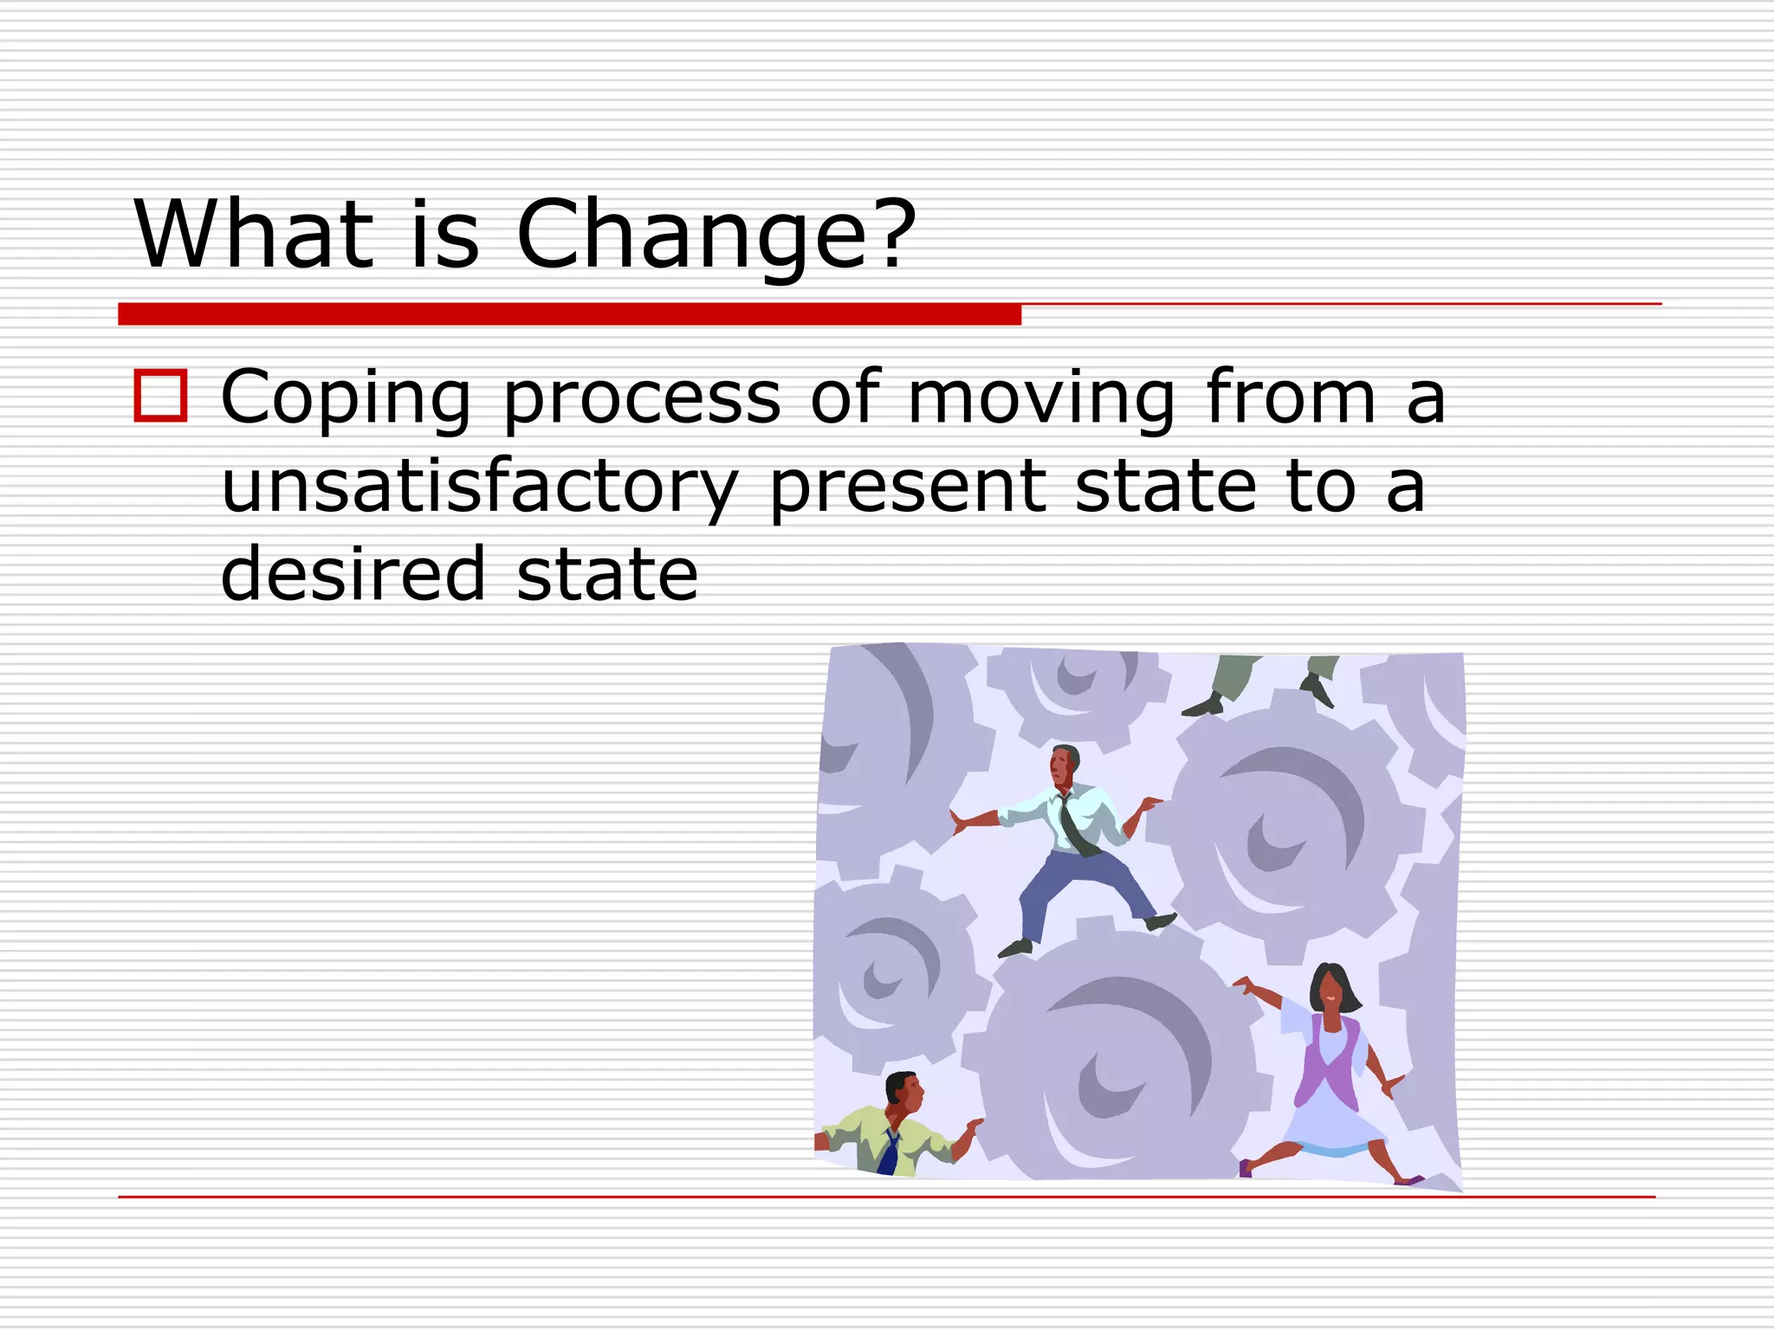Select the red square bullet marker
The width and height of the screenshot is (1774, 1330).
tap(160, 396)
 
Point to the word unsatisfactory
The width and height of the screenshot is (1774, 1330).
tap(479, 487)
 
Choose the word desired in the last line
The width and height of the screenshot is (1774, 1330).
tap(353, 573)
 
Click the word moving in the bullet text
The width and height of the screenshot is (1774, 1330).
tap(1040, 398)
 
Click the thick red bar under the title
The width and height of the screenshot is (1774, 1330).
tap(569, 314)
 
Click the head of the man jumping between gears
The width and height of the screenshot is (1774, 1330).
tap(1064, 765)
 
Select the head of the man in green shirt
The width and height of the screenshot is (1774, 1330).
tap(903, 1094)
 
